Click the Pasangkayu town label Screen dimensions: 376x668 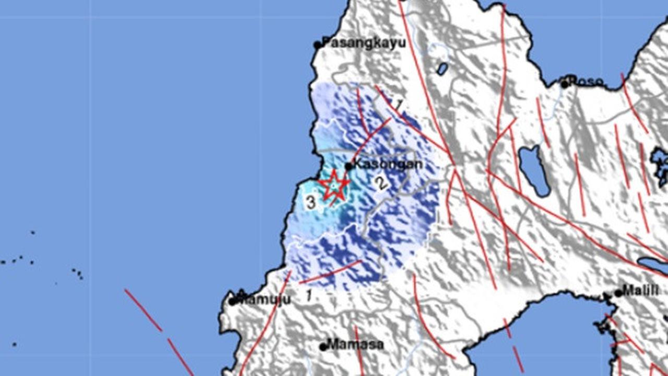tap(364, 43)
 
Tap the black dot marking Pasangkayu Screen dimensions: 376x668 tap(317, 45)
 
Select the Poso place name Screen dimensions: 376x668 tap(586, 82)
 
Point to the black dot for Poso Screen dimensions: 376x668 tap(565, 84)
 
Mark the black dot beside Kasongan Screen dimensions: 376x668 tap(349, 167)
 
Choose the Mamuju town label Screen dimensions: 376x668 tap(264, 300)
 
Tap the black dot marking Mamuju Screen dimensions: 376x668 tap(233, 301)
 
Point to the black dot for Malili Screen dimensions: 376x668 tap(618, 293)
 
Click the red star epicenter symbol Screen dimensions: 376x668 tap(333, 185)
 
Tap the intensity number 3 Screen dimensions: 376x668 tap(311, 202)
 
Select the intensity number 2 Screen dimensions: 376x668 tap(381, 183)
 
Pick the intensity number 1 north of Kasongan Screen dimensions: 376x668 tap(399, 105)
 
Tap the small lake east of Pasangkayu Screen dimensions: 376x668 tap(443, 68)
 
